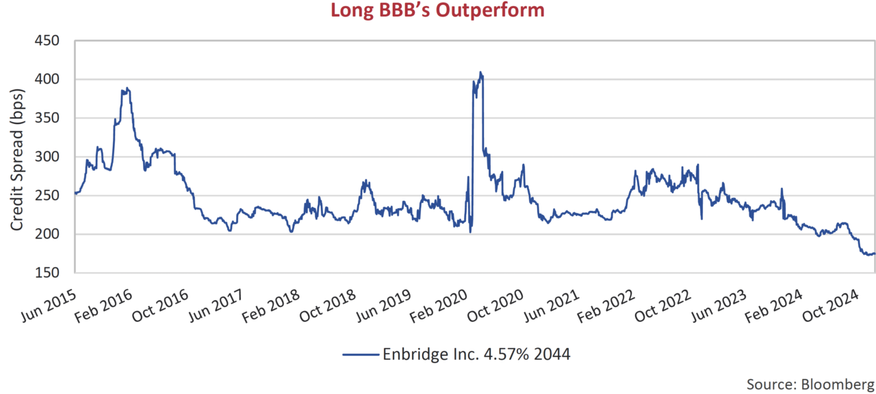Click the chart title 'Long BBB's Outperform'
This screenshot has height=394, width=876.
pyautogui.click(x=438, y=12)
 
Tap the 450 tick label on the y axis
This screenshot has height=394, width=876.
pyautogui.click(x=49, y=41)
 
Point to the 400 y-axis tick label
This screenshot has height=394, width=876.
pyautogui.click(x=49, y=79)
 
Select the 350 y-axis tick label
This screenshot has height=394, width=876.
pyautogui.click(x=49, y=119)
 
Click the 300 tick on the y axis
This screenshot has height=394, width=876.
pyautogui.click(x=49, y=157)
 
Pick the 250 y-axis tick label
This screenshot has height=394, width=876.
pyautogui.click(x=49, y=196)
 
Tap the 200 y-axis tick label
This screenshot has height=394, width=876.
pyautogui.click(x=49, y=234)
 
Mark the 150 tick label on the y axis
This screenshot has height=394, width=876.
pyautogui.click(x=49, y=273)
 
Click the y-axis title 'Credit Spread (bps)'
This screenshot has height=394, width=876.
pyautogui.click(x=18, y=157)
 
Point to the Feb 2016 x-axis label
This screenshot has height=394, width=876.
pyautogui.click(x=103, y=298)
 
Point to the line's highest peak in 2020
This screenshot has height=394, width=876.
pyautogui.click(x=480, y=72)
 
